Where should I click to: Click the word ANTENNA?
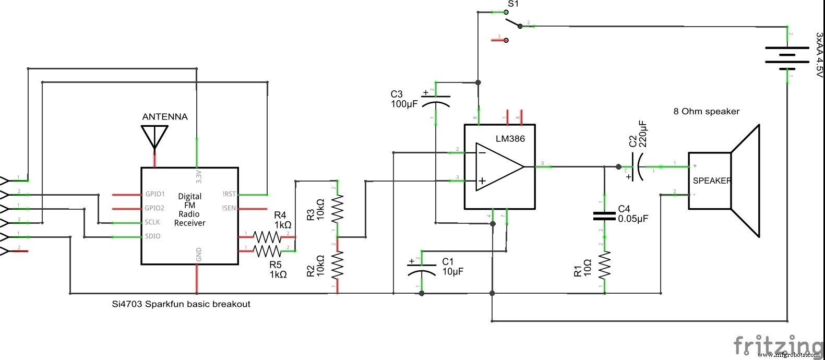(x=165, y=117)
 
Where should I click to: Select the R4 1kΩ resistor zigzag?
(x=267, y=237)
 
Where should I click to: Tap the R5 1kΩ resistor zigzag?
(x=267, y=251)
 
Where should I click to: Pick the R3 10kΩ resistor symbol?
(x=338, y=209)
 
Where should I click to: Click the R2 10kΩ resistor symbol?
(x=338, y=265)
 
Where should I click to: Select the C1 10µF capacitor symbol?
(x=422, y=269)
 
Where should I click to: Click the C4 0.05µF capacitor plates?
(x=604, y=216)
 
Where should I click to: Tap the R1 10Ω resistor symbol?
(x=604, y=266)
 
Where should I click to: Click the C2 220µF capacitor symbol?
(x=637, y=167)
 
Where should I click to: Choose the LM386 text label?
(x=510, y=139)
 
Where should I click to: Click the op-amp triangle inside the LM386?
(x=499, y=167)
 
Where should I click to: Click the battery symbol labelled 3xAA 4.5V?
(x=787, y=55)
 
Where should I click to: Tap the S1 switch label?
(x=513, y=4)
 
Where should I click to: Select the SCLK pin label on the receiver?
(x=152, y=222)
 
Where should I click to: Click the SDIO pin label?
(x=152, y=236)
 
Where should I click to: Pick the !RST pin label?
(x=229, y=194)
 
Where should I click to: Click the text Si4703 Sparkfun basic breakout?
(x=181, y=304)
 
